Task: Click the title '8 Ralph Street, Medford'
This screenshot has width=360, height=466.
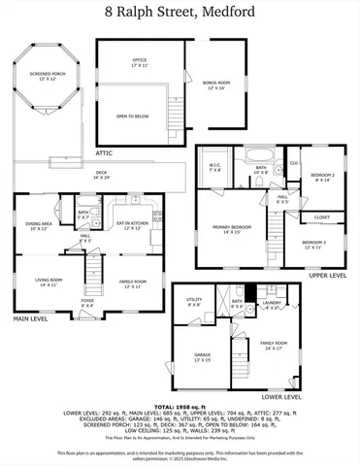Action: (x=180, y=13)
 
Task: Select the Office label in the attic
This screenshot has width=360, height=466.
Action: (x=140, y=62)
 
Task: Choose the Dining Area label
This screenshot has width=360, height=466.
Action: (x=40, y=225)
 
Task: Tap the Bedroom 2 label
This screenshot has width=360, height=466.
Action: (x=321, y=178)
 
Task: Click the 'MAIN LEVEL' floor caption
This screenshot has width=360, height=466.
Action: (x=31, y=318)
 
